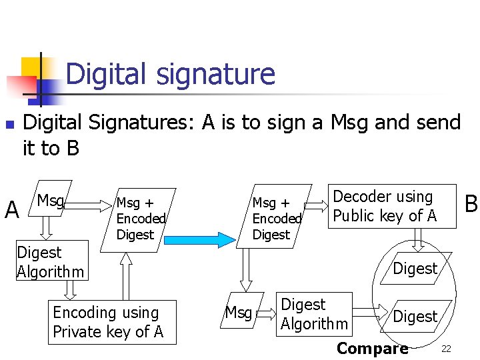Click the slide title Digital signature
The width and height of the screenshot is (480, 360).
170,74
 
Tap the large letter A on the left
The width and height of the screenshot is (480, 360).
11,211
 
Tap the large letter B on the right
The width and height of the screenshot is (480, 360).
471,204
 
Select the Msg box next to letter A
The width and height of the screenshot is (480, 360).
51,200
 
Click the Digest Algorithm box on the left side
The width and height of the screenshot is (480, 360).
51,261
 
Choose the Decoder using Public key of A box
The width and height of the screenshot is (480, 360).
392,206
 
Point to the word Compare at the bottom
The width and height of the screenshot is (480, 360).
372,348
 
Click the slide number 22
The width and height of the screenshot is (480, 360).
446,349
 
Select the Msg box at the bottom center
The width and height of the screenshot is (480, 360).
239,311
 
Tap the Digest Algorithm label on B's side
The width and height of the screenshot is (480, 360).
314,314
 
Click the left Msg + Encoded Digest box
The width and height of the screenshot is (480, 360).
139,218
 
